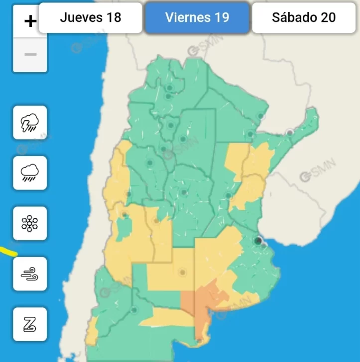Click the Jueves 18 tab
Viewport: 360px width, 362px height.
click(x=90, y=17)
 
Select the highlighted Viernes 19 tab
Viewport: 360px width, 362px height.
click(x=197, y=17)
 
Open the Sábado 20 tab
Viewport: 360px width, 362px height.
click(x=303, y=17)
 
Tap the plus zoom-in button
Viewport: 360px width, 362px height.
click(x=30, y=21)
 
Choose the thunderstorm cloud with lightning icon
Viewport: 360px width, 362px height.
click(x=30, y=122)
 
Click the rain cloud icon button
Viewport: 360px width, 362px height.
click(x=30, y=173)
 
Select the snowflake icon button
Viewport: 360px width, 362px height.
click(x=30, y=223)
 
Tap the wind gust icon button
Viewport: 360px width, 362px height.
click(x=30, y=273)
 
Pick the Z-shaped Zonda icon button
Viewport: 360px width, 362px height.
click(x=30, y=324)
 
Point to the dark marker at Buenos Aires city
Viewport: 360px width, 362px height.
click(x=258, y=241)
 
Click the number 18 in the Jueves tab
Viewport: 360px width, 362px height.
click(x=113, y=17)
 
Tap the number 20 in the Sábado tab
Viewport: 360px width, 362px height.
click(x=328, y=17)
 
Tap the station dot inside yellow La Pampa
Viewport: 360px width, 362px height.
click(x=183, y=272)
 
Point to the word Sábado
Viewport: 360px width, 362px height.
click(x=293, y=17)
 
